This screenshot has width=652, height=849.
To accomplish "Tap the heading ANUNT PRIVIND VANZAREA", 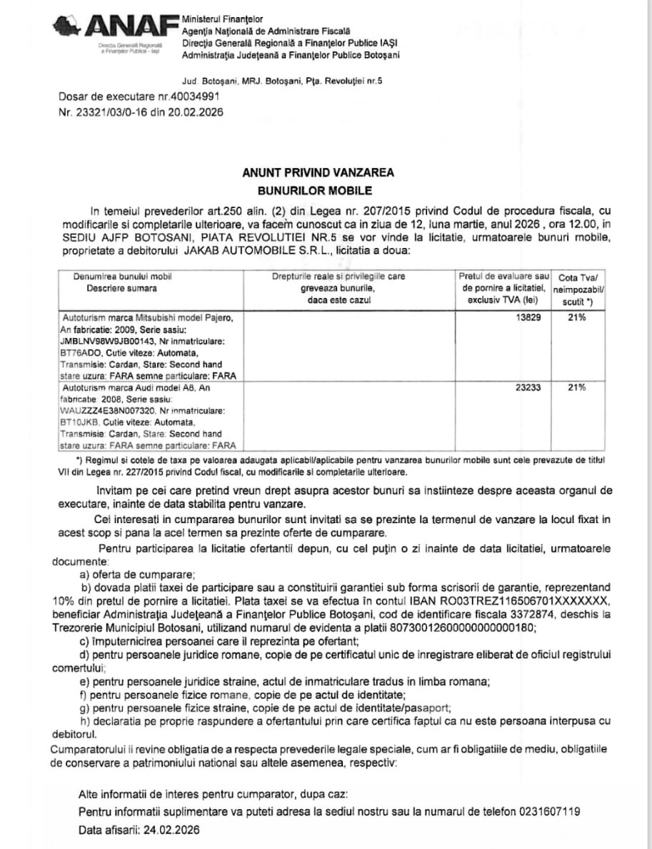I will pyautogui.click(x=318, y=172).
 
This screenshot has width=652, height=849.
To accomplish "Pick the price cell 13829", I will pyautogui.click(x=528, y=317).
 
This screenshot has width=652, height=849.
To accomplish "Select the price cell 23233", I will pyautogui.click(x=528, y=387).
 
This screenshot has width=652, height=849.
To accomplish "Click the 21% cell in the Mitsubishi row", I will pyautogui.click(x=576, y=317).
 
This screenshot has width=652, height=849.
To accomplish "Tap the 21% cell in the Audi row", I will pyautogui.click(x=576, y=387).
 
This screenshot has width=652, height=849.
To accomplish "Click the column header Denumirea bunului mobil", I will pyautogui.click(x=121, y=277).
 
